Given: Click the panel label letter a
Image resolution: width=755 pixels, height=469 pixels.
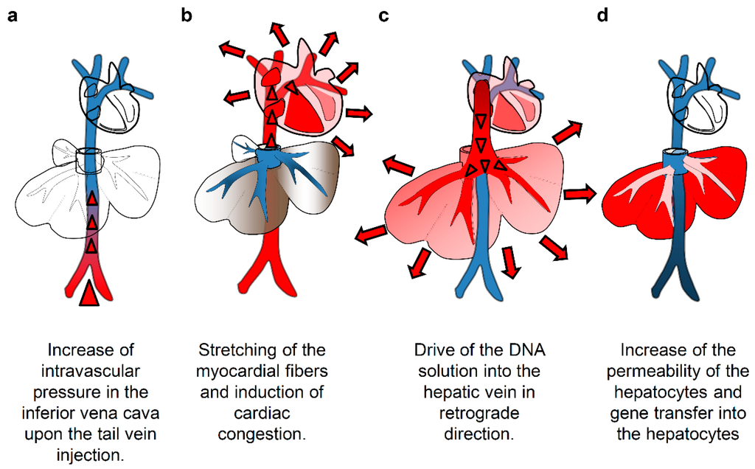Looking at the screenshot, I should click(12, 15).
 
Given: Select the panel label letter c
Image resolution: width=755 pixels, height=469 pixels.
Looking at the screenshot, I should click(383, 15).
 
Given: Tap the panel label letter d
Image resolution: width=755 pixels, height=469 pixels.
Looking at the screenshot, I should click(602, 15).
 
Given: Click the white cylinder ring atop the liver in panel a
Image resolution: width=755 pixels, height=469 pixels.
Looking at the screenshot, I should click(89, 157).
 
